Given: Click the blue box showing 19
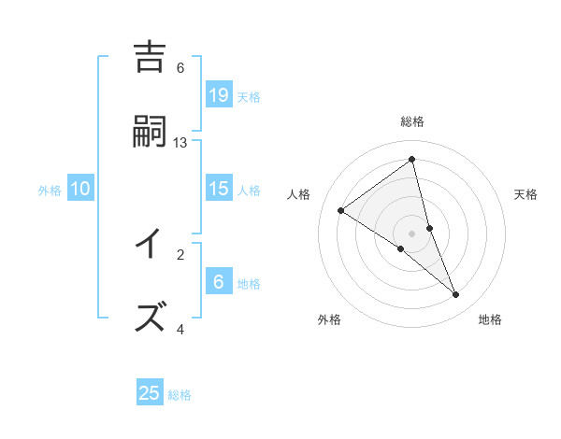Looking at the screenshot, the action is point(219,94).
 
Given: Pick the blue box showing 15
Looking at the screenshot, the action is point(219,189).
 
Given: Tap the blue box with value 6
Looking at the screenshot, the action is point(219,282).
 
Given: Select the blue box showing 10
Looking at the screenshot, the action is point(80,189).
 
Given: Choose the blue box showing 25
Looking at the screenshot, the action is point(150,393).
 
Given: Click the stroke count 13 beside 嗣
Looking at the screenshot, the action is point(180,142).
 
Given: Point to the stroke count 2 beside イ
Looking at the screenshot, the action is point(180,253).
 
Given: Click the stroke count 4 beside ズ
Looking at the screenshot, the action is point(180,329).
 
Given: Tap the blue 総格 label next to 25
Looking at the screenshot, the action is point(180,395).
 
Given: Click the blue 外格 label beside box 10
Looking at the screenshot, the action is point(50,191).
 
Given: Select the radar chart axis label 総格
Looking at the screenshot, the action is point(412,121).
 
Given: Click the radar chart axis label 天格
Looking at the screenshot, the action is point(526,194).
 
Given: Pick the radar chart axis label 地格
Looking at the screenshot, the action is point(490,319).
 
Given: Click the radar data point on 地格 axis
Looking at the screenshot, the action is point(456,295).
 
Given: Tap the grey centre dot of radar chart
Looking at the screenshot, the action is point(412,233).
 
